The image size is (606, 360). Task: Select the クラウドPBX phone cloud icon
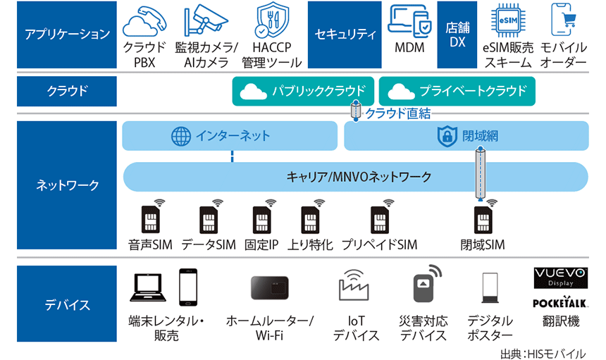tap(144, 23)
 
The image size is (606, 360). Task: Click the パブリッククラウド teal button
tap(303, 92)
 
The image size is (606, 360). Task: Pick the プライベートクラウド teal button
tap(457, 92)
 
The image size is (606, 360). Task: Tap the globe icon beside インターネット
tap(181, 136)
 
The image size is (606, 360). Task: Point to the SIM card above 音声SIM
tap(151, 218)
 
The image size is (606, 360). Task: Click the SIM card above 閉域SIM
tap(483, 218)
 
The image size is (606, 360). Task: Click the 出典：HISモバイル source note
tap(542, 352)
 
